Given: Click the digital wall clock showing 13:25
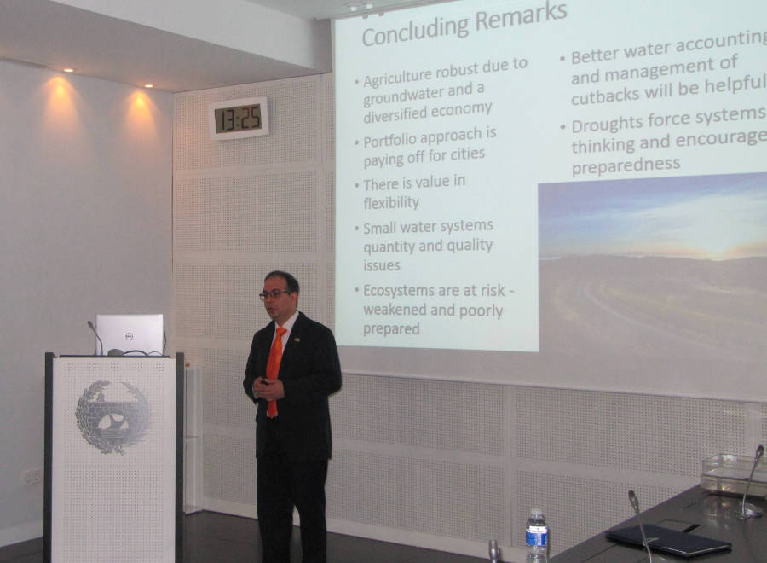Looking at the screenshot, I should point(239,119).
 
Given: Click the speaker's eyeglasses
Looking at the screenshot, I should point(274,294).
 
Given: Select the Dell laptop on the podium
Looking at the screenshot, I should point(130,334).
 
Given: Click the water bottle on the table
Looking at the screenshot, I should point(536,535).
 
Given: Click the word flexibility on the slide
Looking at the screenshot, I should point(391,202).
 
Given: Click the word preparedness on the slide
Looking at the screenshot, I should point(626,164).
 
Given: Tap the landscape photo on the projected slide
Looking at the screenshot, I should point(652,264).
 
